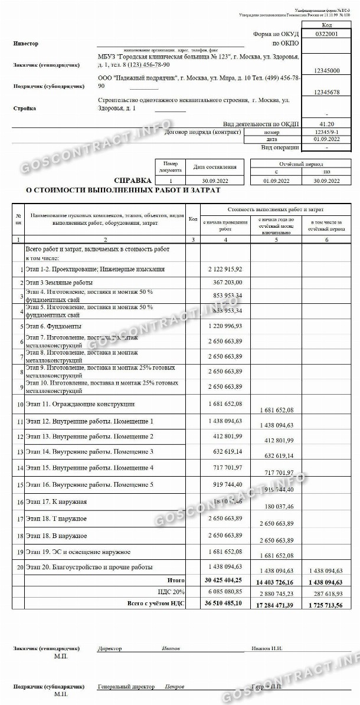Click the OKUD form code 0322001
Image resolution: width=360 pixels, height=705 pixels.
tap(326, 35)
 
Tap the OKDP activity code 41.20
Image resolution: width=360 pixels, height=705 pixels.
tap(326, 124)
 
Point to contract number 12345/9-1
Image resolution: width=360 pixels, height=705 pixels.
tap(326, 132)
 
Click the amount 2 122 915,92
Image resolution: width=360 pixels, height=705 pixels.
tap(225, 269)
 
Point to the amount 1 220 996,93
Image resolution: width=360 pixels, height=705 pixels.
tap(225, 326)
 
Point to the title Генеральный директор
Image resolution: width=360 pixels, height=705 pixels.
tap(126, 687)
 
